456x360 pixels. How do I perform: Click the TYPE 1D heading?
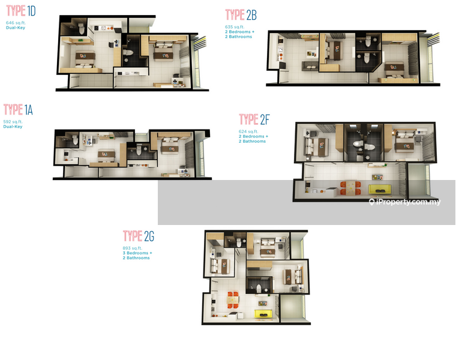21,11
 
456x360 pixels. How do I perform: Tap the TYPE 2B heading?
241,15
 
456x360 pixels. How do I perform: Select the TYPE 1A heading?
18,110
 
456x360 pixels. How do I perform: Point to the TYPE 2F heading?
254,119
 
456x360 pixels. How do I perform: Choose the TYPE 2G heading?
139,236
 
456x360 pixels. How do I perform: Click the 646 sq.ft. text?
16,23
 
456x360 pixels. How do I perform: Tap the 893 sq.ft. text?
133,248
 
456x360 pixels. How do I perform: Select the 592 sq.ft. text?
13,122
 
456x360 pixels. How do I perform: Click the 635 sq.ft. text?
235,27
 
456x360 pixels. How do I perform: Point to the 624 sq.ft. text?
248,131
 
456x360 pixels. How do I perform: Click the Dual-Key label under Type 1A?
13,127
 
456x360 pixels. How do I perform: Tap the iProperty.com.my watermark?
405,202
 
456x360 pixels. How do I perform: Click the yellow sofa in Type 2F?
379,189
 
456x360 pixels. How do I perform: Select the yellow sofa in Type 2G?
263,314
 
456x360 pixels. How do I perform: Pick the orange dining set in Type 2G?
233,300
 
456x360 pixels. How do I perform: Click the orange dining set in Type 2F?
350,188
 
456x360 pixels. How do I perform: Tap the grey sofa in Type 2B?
310,67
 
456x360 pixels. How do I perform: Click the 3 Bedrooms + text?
137,253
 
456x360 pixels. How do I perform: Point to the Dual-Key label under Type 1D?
16,28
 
